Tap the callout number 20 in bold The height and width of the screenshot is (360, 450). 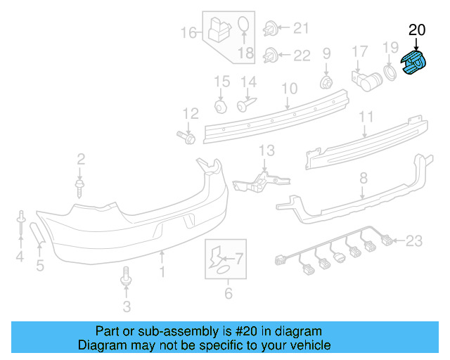pyautogui.click(x=417, y=30)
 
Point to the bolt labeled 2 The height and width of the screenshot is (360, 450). pyautogui.click(x=80, y=186)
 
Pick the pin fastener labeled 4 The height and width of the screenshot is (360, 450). pyautogui.click(x=21, y=224)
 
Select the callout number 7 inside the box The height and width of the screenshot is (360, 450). pyautogui.click(x=239, y=259)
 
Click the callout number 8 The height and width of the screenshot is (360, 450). pyautogui.click(x=364, y=179)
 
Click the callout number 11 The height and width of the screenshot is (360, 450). pyautogui.click(x=366, y=116)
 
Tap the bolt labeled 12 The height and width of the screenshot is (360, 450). pyautogui.click(x=187, y=135)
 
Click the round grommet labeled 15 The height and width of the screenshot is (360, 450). pyautogui.click(x=221, y=105)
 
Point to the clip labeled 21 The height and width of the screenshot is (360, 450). pyautogui.click(x=270, y=30)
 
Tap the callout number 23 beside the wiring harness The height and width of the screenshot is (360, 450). pyautogui.click(x=414, y=242)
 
